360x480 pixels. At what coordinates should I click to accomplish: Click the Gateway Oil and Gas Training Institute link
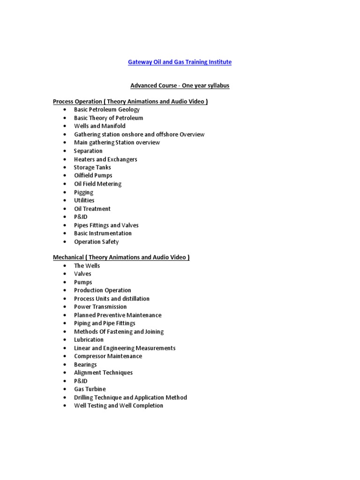pyautogui.click(x=180, y=62)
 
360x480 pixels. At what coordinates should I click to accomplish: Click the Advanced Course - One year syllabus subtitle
pyautogui.click(x=180, y=86)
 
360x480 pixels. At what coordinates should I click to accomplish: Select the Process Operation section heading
pyautogui.click(x=130, y=101)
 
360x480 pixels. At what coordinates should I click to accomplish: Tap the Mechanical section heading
pyautogui.click(x=121, y=257)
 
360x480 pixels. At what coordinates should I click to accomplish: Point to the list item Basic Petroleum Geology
pyautogui.click(x=107, y=110)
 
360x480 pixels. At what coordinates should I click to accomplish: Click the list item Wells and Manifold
pyautogui.click(x=100, y=126)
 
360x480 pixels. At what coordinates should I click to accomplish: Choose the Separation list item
pyautogui.click(x=88, y=151)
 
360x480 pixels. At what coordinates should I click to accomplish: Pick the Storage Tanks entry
pyautogui.click(x=92, y=167)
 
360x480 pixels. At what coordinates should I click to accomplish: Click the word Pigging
pyautogui.click(x=83, y=192)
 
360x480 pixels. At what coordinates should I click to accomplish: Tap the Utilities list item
pyautogui.click(x=84, y=200)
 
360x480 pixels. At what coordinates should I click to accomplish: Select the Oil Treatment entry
pyautogui.click(x=92, y=209)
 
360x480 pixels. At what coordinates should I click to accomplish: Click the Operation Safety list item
pyautogui.click(x=96, y=242)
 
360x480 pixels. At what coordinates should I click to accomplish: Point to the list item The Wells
pyautogui.click(x=87, y=266)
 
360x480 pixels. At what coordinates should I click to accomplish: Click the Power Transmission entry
pyautogui.click(x=100, y=307)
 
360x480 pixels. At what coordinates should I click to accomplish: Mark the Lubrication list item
pyautogui.click(x=89, y=339)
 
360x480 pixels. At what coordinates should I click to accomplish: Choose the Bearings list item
pyautogui.click(x=85, y=364)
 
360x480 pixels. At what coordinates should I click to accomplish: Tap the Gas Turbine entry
pyautogui.click(x=90, y=389)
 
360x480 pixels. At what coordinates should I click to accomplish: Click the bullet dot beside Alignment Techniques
pyautogui.click(x=64, y=373)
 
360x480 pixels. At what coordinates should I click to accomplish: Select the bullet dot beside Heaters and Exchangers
pyautogui.click(x=64, y=159)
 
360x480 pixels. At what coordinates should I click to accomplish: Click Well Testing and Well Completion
pyautogui.click(x=119, y=405)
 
